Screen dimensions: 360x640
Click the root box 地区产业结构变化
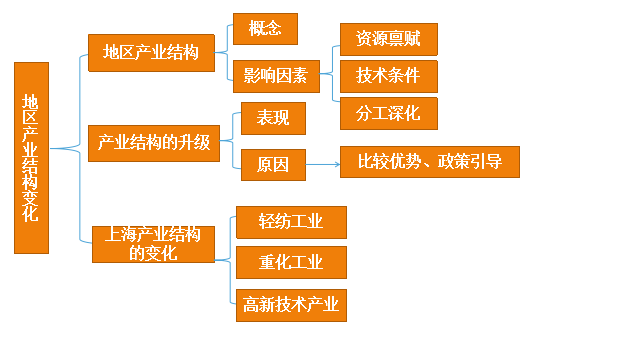31,157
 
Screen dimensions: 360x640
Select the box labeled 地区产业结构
151,52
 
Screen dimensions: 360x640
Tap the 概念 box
265,28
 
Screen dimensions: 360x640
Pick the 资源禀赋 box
388,39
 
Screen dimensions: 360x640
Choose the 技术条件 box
388,75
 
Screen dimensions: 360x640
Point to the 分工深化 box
388,112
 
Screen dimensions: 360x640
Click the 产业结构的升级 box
153,142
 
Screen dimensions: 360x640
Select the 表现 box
272,118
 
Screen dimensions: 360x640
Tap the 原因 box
272,164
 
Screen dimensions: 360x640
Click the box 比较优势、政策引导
430,162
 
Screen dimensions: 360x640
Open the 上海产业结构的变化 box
153,244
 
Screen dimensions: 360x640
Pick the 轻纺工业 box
290,222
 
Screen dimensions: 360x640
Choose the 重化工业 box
290,262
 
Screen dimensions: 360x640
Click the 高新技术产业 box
290,304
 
